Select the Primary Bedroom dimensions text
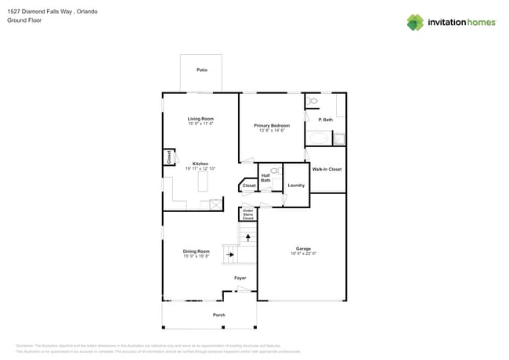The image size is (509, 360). pyautogui.click(x=272, y=131)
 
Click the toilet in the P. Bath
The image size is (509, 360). pyautogui.click(x=312, y=101)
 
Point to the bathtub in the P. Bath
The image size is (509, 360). pyautogui.click(x=319, y=139)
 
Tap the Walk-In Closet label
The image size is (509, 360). pyautogui.click(x=327, y=169)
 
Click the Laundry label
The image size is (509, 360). pyautogui.click(x=296, y=185)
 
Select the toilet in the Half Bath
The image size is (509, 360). pyautogui.click(x=275, y=171)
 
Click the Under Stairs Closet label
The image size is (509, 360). pyautogui.click(x=247, y=214)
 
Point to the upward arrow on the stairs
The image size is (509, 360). pyautogui.click(x=249, y=236)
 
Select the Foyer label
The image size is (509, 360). pyautogui.click(x=240, y=278)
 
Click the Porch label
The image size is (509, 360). pyautogui.click(x=219, y=315)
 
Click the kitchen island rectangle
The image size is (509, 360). pyautogui.click(x=203, y=182)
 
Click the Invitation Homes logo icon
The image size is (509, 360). pyautogui.click(x=415, y=23)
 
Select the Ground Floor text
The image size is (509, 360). pyautogui.click(x=24, y=20)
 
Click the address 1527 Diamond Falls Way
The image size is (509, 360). pyautogui.click(x=40, y=12)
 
